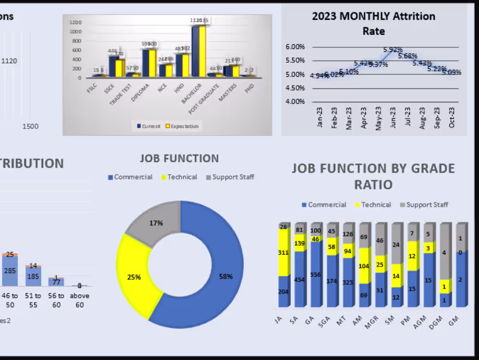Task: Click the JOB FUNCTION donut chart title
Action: (x=179, y=159)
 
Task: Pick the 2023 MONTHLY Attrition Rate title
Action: (x=373, y=23)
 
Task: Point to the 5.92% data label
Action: (x=393, y=50)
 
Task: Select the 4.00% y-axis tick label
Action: (x=295, y=101)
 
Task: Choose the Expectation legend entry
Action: (x=182, y=126)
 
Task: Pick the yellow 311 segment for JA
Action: (x=283, y=253)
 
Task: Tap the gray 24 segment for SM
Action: (x=396, y=244)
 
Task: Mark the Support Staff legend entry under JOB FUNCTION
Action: (x=230, y=177)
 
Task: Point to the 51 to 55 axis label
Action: (x=33, y=301)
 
